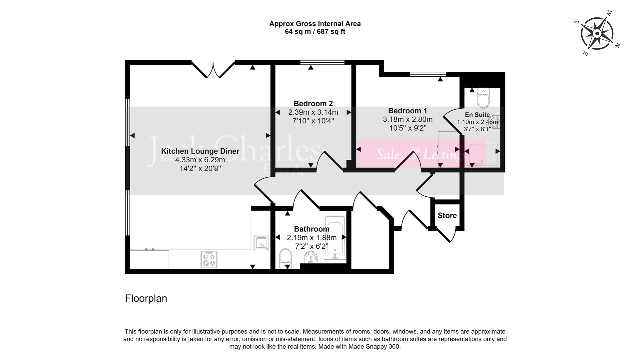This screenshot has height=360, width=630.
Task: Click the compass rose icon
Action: point(597,33)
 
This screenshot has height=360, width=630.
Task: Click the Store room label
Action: point(447,216)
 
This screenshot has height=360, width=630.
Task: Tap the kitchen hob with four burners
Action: point(209,259)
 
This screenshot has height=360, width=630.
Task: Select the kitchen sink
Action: point(261,243)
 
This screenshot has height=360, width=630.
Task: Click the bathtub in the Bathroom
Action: point(335,237)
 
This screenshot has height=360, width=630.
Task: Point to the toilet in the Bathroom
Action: point(286,259)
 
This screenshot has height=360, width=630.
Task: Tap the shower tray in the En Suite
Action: point(482,155)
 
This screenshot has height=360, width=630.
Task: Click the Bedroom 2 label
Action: point(313,104)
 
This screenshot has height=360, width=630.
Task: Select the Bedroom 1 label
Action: point(407,111)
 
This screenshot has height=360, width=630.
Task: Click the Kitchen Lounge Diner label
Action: point(200,151)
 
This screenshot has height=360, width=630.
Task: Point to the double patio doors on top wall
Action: point(213,69)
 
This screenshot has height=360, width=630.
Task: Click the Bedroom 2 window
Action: point(322,62)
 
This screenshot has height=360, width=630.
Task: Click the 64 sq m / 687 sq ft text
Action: point(315,32)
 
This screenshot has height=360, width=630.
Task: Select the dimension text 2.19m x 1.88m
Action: point(312,238)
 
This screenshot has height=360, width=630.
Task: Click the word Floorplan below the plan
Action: point(146,298)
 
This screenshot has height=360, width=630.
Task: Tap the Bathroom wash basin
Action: point(311,257)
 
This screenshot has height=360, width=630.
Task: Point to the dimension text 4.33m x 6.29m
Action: point(200,160)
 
